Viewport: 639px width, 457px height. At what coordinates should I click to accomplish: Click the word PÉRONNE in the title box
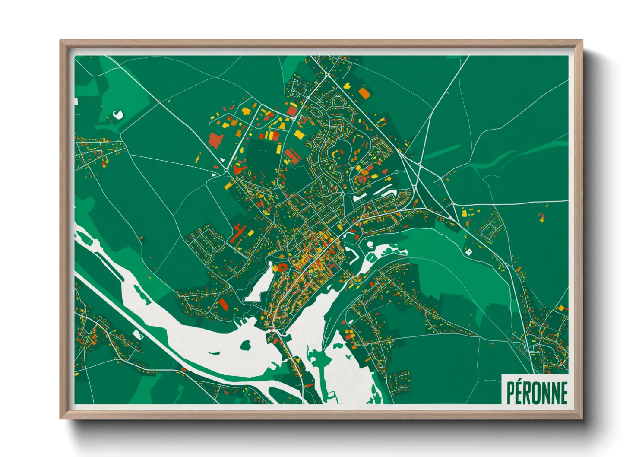[x=537, y=393]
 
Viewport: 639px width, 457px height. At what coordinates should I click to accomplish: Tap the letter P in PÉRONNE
[x=510, y=393]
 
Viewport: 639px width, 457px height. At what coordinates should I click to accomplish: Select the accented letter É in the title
[x=519, y=393]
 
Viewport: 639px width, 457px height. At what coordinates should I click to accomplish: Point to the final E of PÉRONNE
[x=563, y=393]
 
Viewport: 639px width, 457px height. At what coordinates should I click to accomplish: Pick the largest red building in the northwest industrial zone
[x=215, y=140]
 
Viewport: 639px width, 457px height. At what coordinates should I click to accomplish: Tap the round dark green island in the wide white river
[x=245, y=345]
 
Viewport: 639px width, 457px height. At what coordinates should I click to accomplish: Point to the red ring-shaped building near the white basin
[x=283, y=267]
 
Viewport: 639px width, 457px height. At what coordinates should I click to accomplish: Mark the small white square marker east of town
[x=469, y=251]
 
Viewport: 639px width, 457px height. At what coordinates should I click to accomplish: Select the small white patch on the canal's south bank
[x=137, y=334]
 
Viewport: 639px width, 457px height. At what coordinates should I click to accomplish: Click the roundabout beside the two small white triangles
[x=226, y=171]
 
